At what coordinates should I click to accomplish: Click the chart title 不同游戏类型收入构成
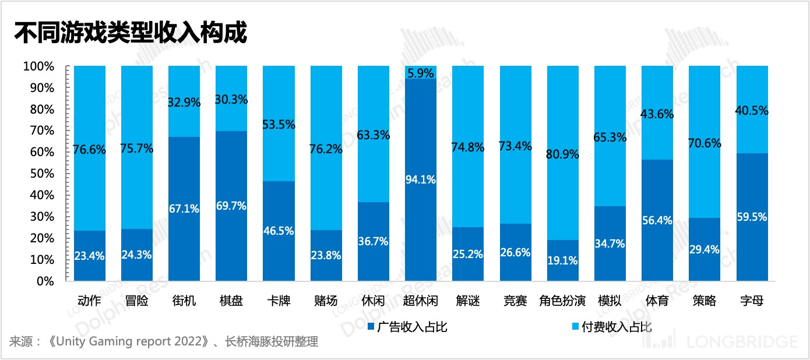(131, 33)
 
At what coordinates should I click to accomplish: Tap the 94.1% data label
(420, 179)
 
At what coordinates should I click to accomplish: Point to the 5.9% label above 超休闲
(420, 74)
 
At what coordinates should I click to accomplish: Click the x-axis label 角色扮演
(562, 301)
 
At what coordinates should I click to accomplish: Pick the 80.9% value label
(562, 155)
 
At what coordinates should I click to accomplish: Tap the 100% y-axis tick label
(38, 67)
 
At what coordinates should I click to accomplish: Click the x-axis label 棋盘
(231, 301)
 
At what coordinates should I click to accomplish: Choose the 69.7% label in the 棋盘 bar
(231, 206)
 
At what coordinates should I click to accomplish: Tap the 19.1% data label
(562, 260)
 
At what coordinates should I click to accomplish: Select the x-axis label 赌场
(326, 301)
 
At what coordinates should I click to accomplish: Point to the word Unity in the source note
(72, 342)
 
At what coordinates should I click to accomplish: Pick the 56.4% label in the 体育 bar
(657, 220)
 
